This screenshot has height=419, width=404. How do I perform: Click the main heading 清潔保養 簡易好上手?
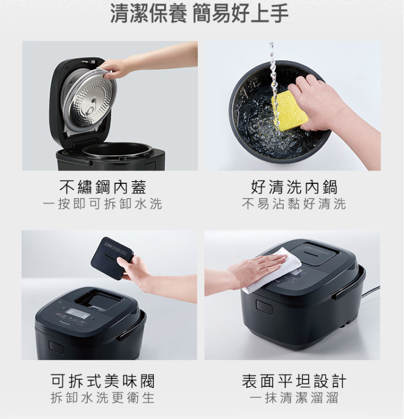[x=199, y=14]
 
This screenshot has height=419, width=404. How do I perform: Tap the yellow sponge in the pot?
[x=290, y=111]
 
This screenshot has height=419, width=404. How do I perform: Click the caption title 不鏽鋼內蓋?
[x=103, y=187]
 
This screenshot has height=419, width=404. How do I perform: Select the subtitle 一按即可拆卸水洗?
[x=103, y=204]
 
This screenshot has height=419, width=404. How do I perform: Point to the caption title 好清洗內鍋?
[x=294, y=187]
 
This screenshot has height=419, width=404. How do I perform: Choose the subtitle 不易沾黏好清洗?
[x=294, y=204]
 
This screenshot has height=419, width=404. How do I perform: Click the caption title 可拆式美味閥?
[x=103, y=381]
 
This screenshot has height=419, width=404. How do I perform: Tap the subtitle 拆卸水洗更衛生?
[x=103, y=398]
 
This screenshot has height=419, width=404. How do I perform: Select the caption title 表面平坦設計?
[x=294, y=381]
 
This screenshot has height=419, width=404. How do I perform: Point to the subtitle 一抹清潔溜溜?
[x=294, y=398]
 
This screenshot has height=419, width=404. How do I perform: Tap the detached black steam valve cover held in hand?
[x=112, y=258]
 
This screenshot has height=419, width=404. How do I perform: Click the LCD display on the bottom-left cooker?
[x=79, y=313]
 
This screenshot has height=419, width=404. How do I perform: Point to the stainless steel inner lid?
[x=90, y=101]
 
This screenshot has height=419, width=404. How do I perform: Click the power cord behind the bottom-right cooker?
[x=371, y=292]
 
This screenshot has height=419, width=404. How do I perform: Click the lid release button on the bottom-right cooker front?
[x=264, y=306]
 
